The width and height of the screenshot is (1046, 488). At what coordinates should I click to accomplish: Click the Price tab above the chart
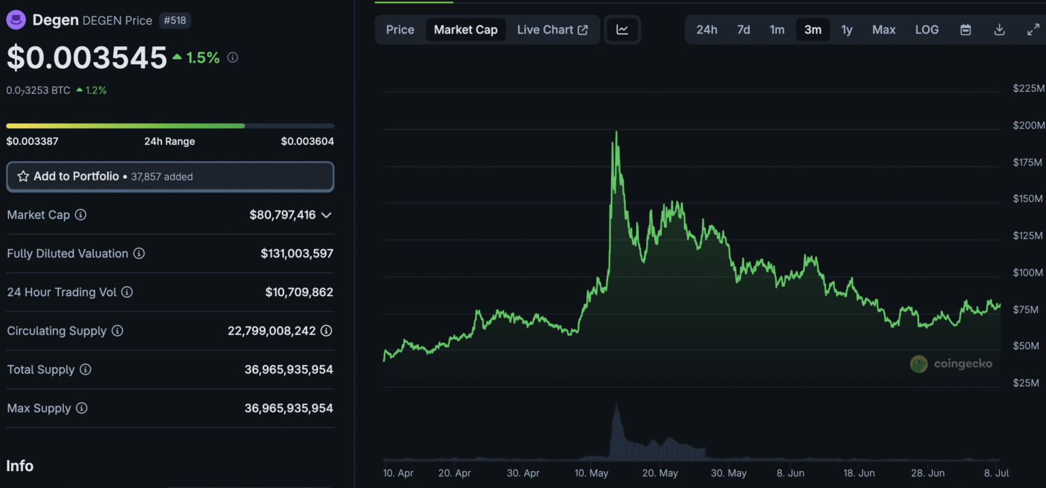(400, 30)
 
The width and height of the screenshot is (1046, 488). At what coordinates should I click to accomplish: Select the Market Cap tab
(466, 30)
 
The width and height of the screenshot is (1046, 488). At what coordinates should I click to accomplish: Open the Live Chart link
(552, 30)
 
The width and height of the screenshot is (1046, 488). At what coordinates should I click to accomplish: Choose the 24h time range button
(706, 30)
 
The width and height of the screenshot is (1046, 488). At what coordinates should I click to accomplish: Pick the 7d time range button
(744, 30)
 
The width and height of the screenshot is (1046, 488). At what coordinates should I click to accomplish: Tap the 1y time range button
(846, 30)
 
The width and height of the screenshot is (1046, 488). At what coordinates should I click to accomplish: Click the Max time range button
(884, 30)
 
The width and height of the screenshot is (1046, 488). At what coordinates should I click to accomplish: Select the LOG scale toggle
(927, 30)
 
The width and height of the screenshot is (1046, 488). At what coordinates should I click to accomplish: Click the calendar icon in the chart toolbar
(966, 30)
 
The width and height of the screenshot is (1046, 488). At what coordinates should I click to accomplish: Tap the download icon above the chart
(1000, 30)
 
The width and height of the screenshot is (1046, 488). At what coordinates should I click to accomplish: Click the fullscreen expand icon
(1033, 30)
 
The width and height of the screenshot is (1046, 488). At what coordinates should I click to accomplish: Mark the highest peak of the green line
(616, 132)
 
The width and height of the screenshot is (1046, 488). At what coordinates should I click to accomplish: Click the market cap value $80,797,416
(283, 215)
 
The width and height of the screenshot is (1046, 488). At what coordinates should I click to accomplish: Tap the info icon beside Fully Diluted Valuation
(139, 253)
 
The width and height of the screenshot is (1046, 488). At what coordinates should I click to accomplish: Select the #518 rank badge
(175, 20)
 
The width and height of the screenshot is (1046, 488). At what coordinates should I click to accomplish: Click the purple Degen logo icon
(16, 20)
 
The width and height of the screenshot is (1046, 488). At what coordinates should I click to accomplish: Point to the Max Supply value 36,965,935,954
(289, 408)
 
